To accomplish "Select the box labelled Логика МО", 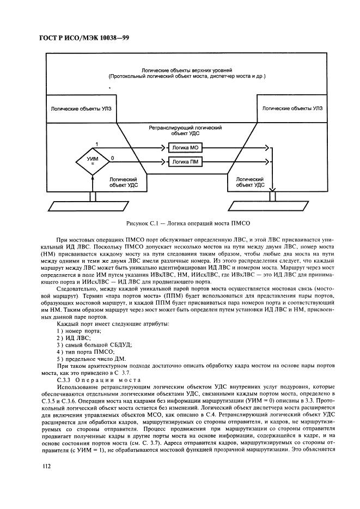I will [x=185, y=148].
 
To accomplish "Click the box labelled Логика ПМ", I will [x=185, y=161].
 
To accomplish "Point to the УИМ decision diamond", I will [x=93, y=161].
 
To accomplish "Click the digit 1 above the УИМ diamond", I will [x=96, y=143].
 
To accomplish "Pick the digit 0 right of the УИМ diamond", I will [x=112, y=158].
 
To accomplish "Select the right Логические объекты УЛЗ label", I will [x=292, y=109].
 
